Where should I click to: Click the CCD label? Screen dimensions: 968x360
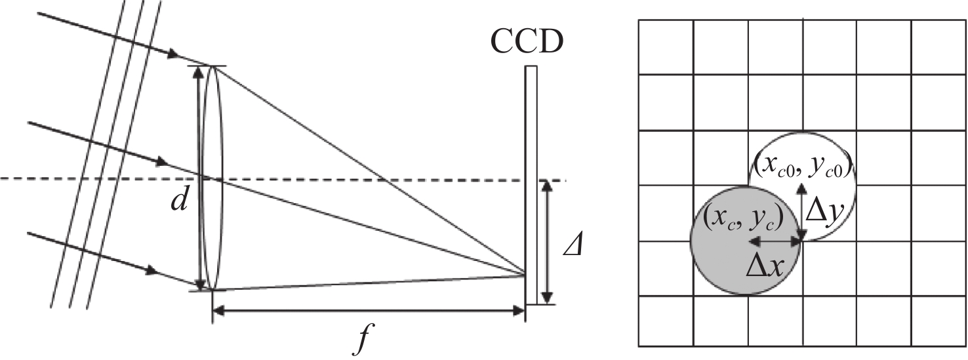(527, 43)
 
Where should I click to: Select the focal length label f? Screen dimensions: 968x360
(364, 338)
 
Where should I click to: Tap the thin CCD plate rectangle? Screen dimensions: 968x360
(531, 185)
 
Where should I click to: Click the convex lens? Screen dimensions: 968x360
(212, 178)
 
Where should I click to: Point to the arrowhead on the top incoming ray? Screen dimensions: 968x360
(173, 54)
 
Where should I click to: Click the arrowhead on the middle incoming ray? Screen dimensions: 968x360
(161, 162)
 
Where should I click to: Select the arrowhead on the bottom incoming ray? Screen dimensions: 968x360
(151, 271)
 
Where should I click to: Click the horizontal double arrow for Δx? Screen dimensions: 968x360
(775, 241)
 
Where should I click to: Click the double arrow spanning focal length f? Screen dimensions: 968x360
(369, 310)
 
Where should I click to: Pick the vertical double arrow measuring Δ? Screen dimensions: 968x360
(547, 242)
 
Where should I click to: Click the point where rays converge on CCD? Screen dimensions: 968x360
(525, 273)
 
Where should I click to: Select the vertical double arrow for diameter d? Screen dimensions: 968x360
(199, 178)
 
